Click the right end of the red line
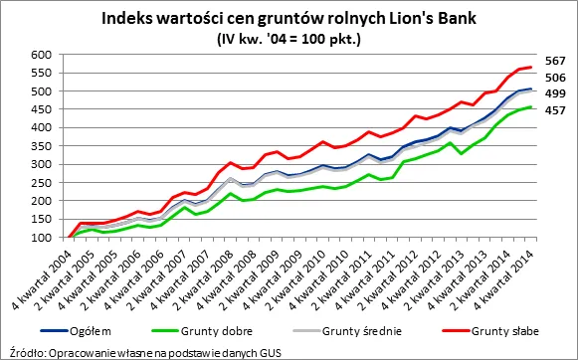[x=532, y=67]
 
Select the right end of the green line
[x=532, y=107]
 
